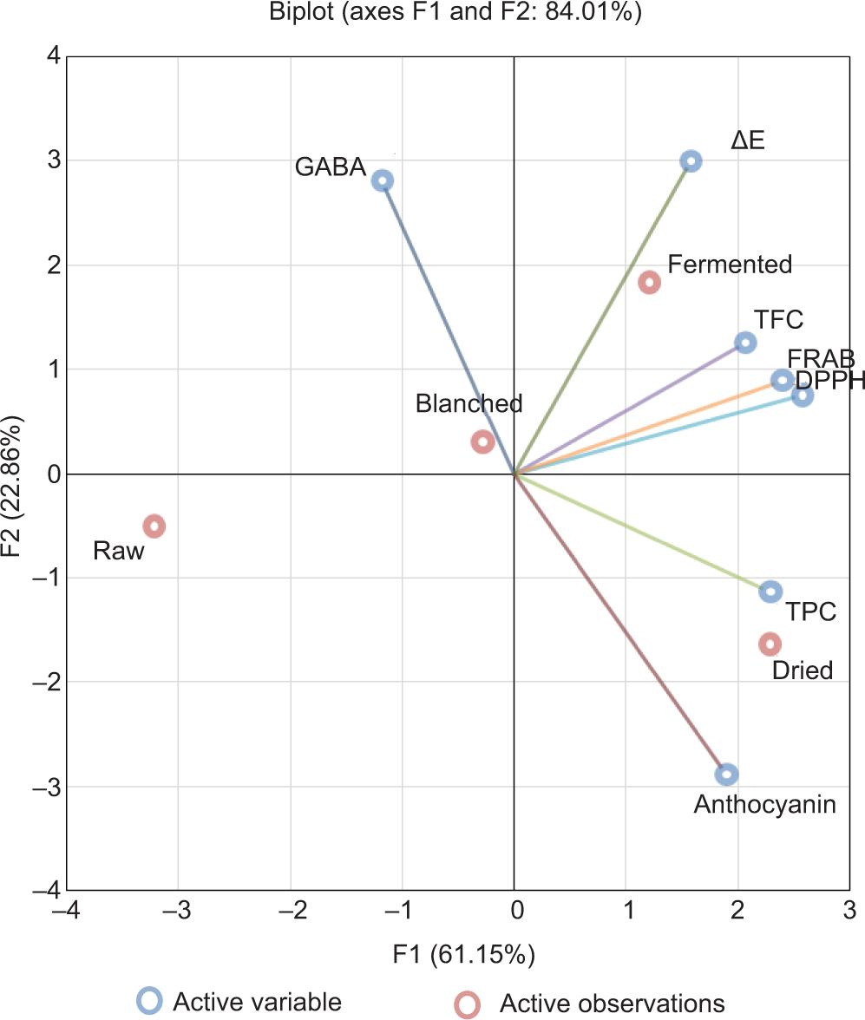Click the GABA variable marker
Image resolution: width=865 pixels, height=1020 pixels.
(x=383, y=180)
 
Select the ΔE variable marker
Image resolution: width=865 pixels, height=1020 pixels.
(x=691, y=160)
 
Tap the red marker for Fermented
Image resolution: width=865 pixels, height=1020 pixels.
(x=649, y=282)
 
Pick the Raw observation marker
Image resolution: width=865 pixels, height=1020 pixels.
(x=154, y=526)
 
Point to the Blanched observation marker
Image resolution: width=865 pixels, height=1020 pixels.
(x=482, y=441)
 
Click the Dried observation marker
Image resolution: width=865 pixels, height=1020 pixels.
(x=770, y=644)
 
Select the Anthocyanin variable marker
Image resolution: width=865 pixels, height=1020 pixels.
(x=727, y=774)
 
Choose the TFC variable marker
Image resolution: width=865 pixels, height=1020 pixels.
(x=745, y=343)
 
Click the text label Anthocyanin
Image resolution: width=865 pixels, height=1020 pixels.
(x=764, y=805)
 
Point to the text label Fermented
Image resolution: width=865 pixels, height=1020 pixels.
(x=730, y=265)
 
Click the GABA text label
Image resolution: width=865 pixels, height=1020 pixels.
(x=330, y=167)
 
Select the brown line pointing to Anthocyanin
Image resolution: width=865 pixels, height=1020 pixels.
(x=620, y=624)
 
